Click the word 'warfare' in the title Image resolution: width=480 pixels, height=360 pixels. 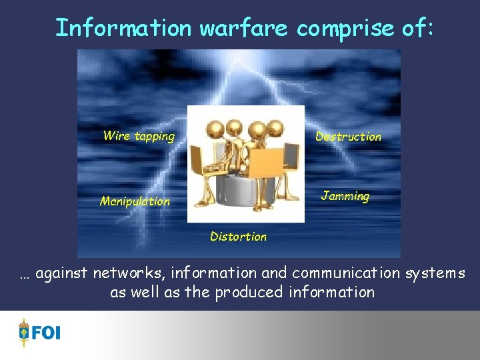(x=245, y=28)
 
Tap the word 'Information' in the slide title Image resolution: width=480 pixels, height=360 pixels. (x=123, y=28)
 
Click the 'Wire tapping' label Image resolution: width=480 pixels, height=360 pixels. (x=139, y=137)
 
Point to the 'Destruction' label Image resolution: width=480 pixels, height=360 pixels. (x=348, y=137)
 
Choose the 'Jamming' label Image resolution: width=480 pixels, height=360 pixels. (x=345, y=196)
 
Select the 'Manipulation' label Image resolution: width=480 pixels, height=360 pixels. (x=135, y=201)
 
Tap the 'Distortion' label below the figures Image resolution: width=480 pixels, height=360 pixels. (x=238, y=237)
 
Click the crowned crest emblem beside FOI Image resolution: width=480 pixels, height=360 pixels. (x=25, y=332)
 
